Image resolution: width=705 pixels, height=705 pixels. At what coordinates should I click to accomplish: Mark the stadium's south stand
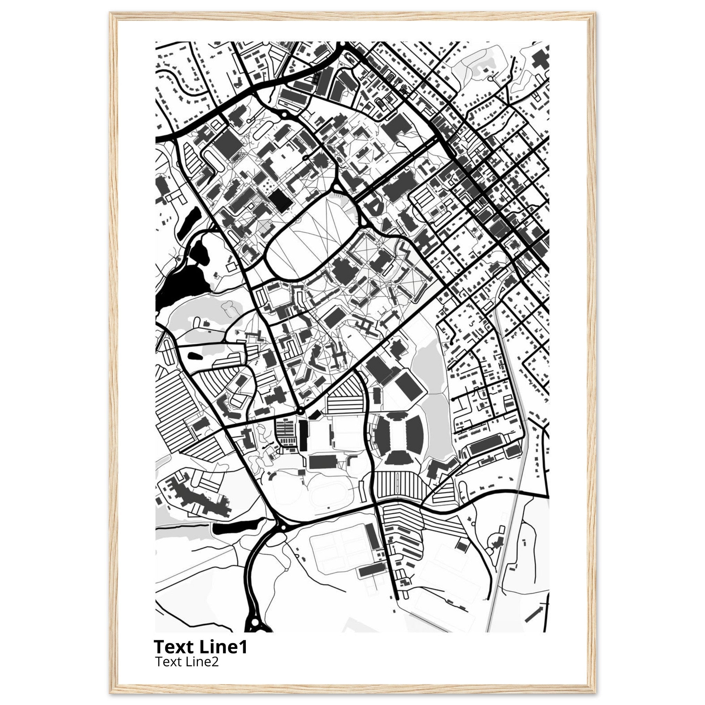click(x=398, y=456)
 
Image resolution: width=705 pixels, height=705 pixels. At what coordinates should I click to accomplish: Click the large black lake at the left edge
click(x=179, y=281)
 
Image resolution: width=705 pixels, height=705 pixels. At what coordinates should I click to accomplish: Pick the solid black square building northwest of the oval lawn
click(x=281, y=200)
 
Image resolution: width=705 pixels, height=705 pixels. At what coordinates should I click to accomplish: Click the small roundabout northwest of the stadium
click(x=300, y=411)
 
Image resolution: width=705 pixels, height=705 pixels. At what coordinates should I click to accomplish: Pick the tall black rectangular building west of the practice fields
click(x=303, y=435)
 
